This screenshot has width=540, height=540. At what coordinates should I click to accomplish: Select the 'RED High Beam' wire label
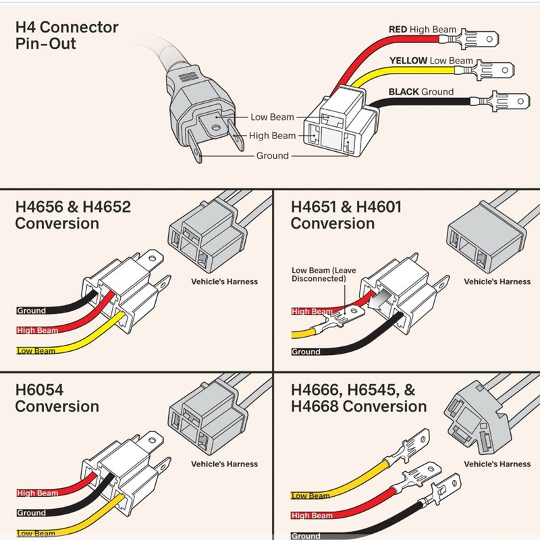pos(423,30)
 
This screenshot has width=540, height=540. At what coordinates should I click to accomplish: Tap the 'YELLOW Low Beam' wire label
pos(431,61)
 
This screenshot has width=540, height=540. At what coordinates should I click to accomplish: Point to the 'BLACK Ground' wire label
pos(421,92)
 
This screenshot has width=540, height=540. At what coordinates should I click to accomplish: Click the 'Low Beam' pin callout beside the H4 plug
pos(272,117)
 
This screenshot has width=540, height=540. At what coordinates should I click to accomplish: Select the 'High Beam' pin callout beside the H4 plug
pos(272,136)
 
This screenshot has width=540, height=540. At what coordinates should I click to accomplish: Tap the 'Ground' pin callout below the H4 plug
pos(272,156)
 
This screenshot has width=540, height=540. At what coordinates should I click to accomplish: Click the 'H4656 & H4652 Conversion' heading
pos(73,215)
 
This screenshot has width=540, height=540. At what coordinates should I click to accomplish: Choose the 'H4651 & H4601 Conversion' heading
pos(346,215)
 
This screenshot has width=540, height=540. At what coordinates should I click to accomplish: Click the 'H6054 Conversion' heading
pos(57,398)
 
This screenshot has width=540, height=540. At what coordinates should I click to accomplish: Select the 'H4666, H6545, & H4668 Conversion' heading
pos(358,398)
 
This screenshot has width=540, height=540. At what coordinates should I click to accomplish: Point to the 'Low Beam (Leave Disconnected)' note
pos(323,274)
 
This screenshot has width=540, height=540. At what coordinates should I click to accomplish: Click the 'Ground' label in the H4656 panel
pos(32,311)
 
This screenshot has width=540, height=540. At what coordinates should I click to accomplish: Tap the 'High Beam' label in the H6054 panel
pos(38,493)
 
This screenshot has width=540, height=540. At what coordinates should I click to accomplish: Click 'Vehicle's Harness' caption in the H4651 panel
pos(497,281)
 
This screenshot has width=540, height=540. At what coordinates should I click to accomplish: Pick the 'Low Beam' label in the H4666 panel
pos(310,496)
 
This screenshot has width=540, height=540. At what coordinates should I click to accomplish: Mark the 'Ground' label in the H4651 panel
pos(306,352)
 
